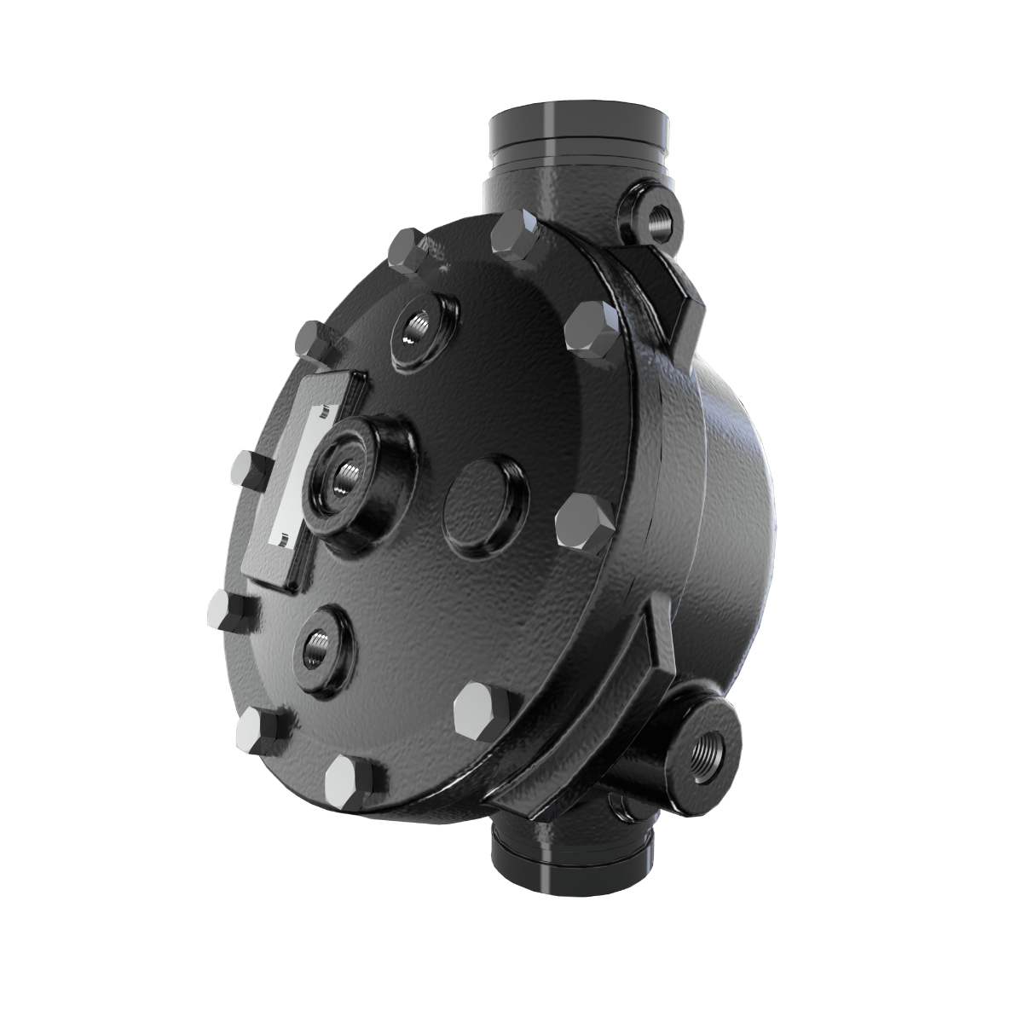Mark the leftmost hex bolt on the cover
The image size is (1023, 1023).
226,608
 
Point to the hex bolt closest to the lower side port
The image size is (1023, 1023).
482,707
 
